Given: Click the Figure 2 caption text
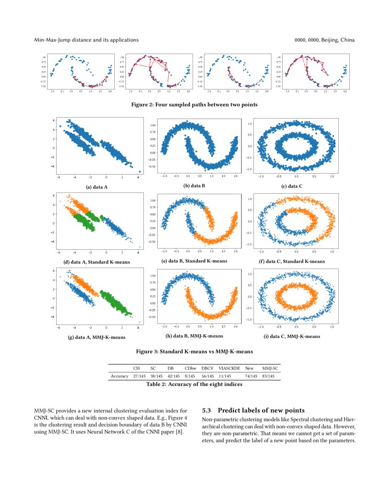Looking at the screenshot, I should pos(194,105).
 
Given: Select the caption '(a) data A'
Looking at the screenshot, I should pos(97,187).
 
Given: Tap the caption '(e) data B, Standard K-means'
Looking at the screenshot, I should pos(194,261).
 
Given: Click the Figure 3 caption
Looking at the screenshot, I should pos(194,352).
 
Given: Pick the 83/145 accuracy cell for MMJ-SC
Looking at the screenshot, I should pos(268,376).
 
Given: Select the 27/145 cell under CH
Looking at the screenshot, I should pos(139,376).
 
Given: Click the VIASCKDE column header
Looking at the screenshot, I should pos(229,368).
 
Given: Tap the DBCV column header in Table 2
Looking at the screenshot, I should pos(207,368).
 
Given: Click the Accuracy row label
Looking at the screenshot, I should pos(119,376).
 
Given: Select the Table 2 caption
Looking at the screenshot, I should pos(194,385).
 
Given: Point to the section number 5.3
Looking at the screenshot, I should pos(207,410).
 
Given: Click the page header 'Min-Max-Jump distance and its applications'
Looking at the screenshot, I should pos(86,40).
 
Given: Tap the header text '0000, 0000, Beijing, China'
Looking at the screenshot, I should pos(324,40).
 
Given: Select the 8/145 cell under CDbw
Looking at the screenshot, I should pos(190,376).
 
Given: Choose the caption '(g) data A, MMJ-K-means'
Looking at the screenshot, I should pos(97,337).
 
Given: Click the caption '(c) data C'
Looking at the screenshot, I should pos(292,187).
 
